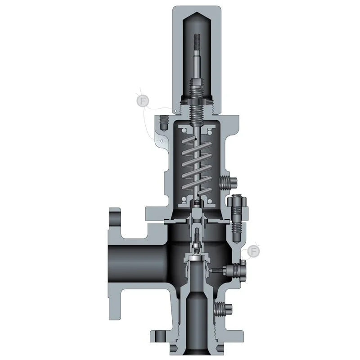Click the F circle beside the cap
143,101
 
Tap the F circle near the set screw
253,252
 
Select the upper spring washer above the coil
197,130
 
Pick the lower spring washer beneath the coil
197,202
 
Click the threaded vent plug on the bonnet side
229,183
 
